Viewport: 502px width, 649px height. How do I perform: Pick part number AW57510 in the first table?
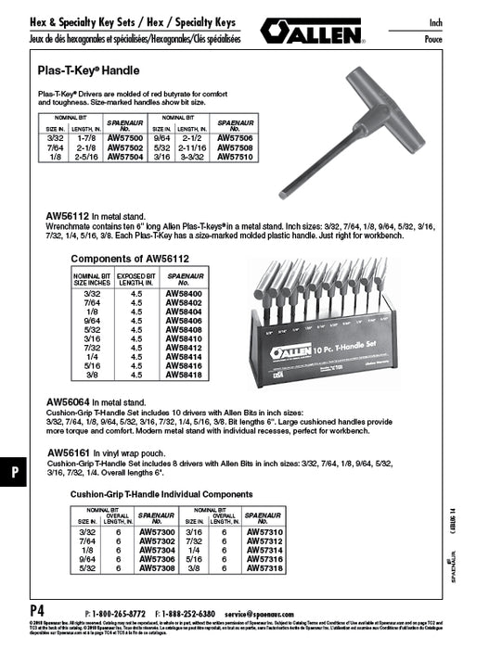236,158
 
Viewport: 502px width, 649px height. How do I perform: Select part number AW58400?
183,293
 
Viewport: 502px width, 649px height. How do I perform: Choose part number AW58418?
183,375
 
